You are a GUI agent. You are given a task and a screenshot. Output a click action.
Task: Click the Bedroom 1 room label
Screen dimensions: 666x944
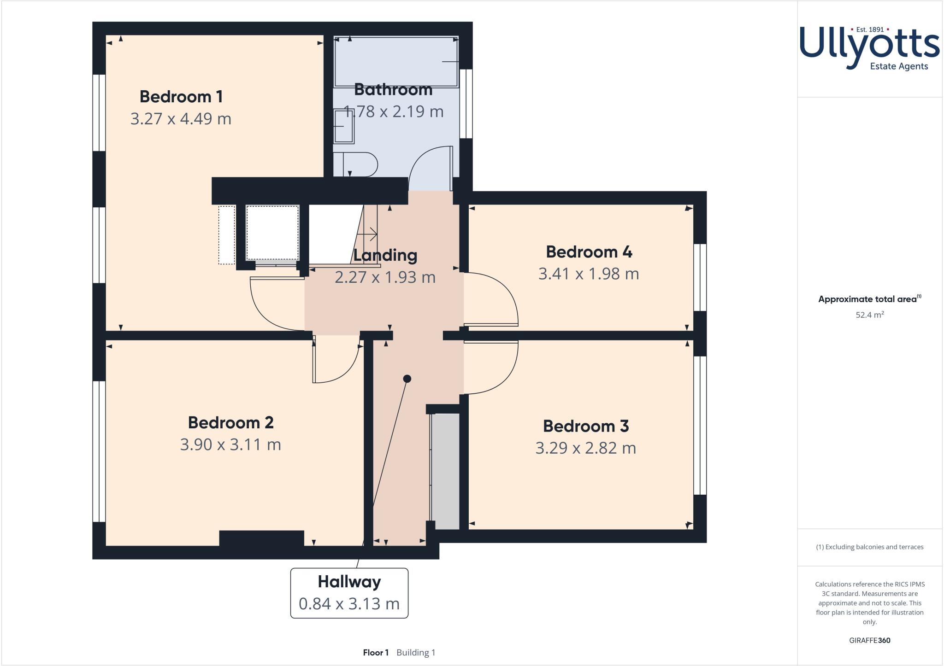point(181,97)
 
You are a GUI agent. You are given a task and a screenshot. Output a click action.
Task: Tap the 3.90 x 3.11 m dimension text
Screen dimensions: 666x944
point(230,444)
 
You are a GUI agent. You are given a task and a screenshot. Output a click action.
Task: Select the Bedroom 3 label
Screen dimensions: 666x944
point(585,426)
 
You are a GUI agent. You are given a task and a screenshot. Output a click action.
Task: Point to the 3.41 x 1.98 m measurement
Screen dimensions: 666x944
point(589,274)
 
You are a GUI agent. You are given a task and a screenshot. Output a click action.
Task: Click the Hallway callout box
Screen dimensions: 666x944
point(349,593)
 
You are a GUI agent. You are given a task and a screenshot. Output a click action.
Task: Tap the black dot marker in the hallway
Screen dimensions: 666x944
point(407,379)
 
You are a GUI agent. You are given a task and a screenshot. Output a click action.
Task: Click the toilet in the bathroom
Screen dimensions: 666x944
point(357,164)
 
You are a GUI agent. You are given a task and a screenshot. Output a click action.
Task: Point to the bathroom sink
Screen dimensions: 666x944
point(344,127)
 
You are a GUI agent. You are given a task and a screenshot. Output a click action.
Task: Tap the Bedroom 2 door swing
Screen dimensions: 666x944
point(334,362)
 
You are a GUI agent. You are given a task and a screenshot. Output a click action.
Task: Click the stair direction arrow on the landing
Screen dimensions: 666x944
point(369,234)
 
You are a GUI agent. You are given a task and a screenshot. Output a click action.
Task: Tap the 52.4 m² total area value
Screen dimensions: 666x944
point(869,315)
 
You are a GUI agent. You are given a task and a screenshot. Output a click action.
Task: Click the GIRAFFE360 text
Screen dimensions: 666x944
point(869,640)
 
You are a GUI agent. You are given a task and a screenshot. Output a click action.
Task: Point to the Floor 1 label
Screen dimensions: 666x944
point(376,653)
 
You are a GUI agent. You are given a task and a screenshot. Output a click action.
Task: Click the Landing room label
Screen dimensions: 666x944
point(385,255)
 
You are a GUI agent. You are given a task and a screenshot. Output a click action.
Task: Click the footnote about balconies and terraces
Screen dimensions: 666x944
point(869,547)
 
